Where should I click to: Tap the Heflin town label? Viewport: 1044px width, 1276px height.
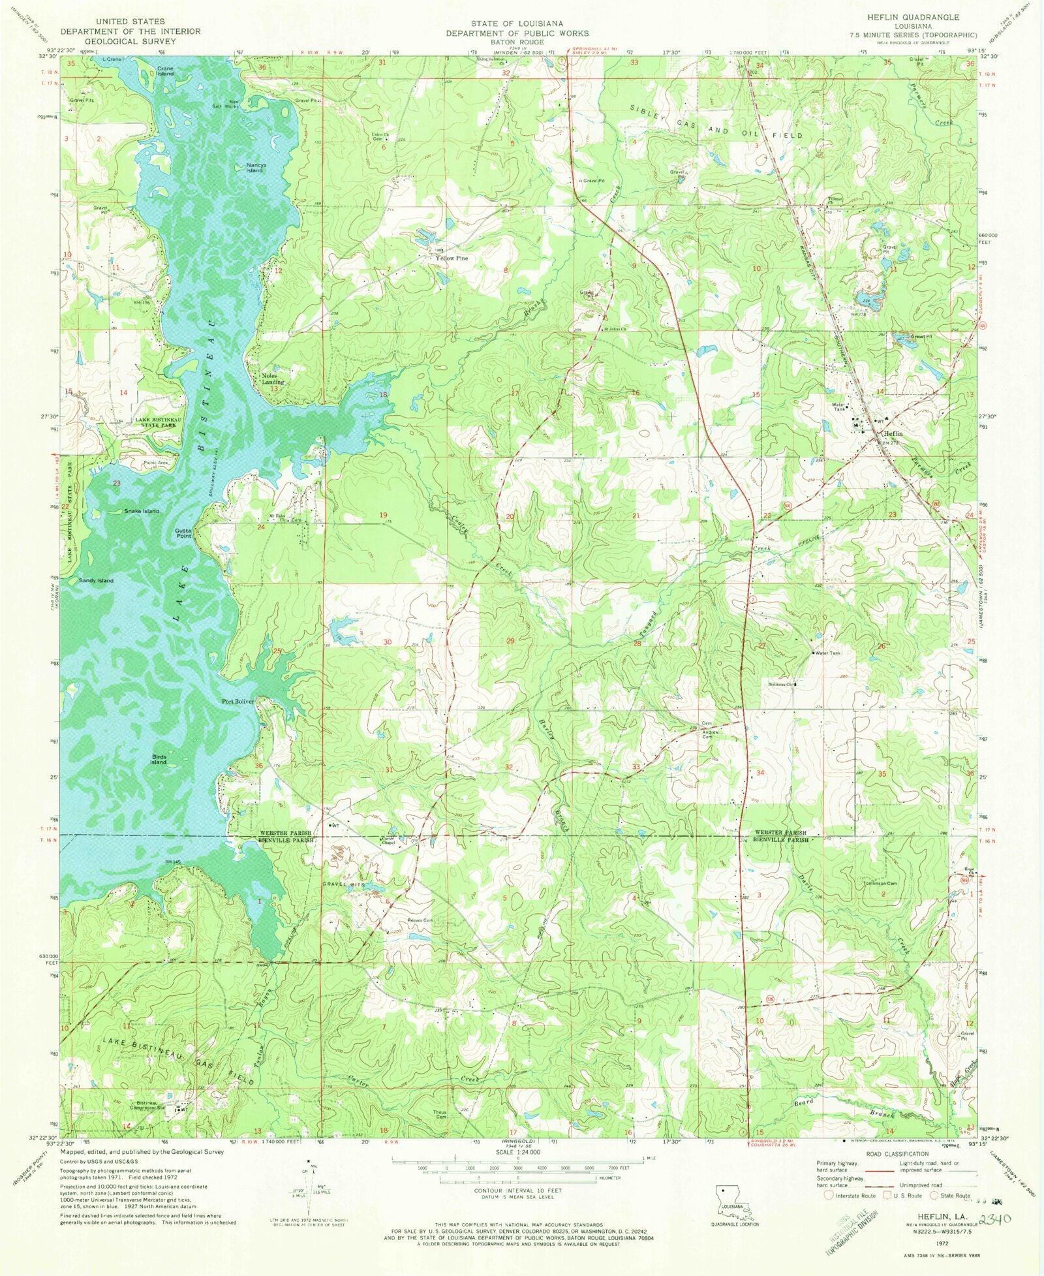point(893,433)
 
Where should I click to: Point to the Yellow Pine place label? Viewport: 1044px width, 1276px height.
point(452,258)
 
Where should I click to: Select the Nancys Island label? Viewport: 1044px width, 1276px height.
point(254,168)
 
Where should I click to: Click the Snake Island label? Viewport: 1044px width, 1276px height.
point(142,511)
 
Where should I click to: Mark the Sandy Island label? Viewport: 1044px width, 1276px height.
point(96,580)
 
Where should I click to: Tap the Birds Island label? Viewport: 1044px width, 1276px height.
point(158,759)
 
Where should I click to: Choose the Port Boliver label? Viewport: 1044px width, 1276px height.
point(238,702)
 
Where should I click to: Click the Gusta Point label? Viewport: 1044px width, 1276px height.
point(183,533)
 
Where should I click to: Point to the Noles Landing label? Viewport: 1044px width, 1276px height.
point(273,379)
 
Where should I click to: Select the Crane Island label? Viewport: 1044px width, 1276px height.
point(165,70)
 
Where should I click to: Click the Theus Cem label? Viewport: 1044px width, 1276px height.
point(440,1114)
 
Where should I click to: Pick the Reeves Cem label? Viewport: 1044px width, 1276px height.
point(420,920)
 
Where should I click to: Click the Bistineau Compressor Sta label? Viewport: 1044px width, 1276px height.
point(146,1104)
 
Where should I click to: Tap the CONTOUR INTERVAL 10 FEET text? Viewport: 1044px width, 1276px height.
point(517,1190)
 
